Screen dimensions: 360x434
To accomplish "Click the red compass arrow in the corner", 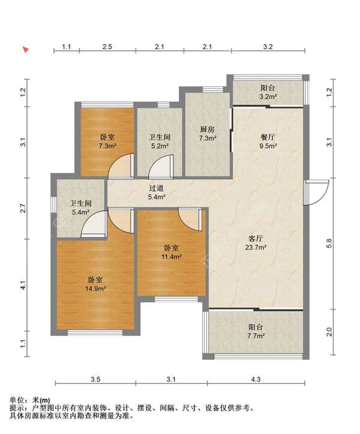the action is (26, 50).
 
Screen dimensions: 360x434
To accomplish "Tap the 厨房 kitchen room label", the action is (207, 129).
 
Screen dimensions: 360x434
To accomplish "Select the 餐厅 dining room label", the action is (268, 137).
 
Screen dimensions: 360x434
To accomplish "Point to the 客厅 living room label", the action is (256, 239).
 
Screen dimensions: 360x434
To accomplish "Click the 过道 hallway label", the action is (157, 188).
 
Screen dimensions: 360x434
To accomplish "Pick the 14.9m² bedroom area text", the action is (95, 289).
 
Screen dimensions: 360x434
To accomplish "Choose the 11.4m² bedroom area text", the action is (172, 257).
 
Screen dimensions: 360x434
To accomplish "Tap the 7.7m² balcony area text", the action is (256, 336).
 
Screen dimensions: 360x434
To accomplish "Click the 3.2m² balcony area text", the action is (268, 97).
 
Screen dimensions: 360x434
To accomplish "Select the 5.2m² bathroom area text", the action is (160, 146).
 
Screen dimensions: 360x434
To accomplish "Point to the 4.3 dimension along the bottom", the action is (256, 379).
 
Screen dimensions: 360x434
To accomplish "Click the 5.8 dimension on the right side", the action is (329, 243).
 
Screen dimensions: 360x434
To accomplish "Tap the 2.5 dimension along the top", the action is (107, 47).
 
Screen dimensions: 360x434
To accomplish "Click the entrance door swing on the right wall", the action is (316, 192).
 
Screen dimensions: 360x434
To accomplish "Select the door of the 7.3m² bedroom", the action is (121, 165).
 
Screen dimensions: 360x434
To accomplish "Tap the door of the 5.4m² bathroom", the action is (94, 224).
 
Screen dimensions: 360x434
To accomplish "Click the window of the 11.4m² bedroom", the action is (176, 299).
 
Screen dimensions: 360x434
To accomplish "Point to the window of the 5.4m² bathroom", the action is (54, 205).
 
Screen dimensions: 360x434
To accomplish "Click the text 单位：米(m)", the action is (30, 400).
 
